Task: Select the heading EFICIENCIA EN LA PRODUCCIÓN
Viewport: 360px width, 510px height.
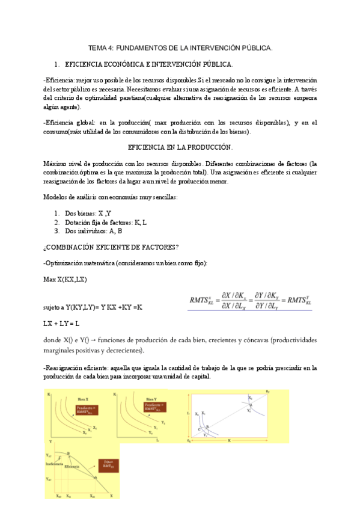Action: (x=180, y=147)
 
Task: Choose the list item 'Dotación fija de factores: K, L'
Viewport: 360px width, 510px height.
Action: (x=106, y=222)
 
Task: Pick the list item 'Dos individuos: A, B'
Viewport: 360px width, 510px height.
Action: (x=93, y=230)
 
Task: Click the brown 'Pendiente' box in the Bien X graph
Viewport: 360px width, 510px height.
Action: (x=85, y=412)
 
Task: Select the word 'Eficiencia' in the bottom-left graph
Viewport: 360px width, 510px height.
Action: (x=72, y=467)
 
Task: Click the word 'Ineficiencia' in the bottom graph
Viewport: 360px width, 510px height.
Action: (x=54, y=463)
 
